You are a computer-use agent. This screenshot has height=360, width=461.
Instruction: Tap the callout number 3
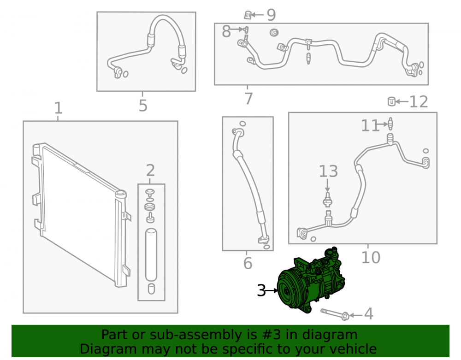tap(261, 291)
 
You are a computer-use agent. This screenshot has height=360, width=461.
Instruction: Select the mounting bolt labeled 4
tap(335, 314)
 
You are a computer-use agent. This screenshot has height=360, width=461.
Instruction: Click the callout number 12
tap(419, 102)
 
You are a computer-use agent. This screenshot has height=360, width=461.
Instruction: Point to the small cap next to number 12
tap(391, 101)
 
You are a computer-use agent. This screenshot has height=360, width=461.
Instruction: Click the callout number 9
tap(271, 15)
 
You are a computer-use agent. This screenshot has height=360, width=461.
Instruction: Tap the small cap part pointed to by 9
tap(248, 15)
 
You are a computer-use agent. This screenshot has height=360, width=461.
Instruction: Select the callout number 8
tap(226, 31)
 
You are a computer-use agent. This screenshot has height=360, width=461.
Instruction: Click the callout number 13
tap(328, 171)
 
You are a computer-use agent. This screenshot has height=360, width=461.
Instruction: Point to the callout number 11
tap(370, 126)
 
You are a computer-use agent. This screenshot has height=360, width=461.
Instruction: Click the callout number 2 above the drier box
tap(150, 171)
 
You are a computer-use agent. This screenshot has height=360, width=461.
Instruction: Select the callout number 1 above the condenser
tap(59, 108)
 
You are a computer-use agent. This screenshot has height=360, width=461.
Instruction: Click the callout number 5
tap(143, 106)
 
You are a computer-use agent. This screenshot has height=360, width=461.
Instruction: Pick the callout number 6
tap(248, 263)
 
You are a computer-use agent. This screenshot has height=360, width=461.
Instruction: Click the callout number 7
tap(249, 99)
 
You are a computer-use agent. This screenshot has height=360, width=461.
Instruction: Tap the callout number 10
tap(371, 258)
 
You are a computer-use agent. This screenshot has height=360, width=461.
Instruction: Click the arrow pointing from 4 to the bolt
tap(356, 315)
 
